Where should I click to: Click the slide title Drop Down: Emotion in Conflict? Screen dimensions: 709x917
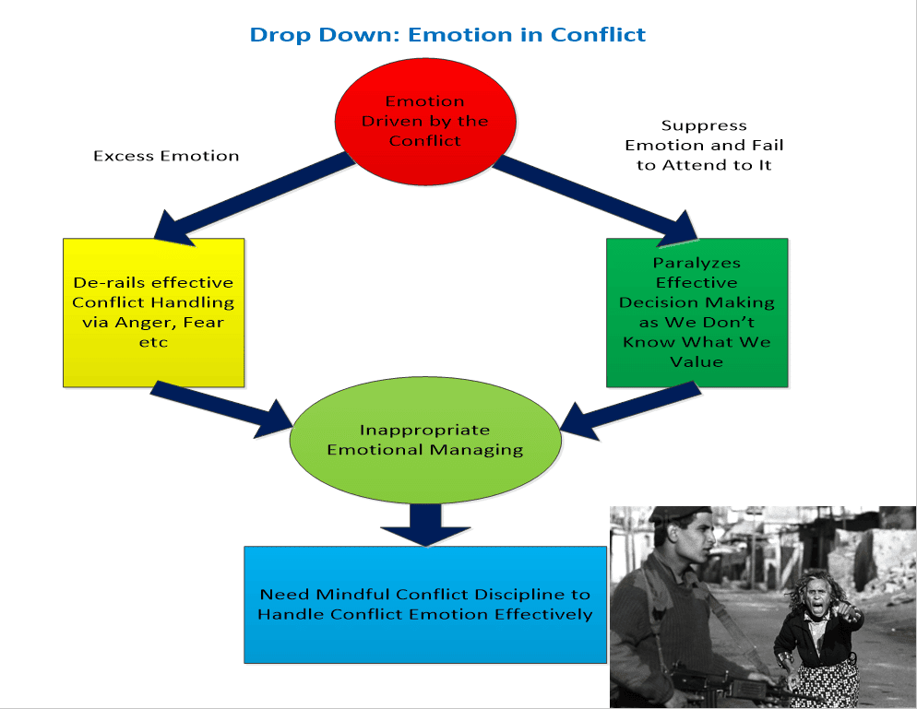coord(447,35)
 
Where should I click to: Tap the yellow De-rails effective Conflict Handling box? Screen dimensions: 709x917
coord(153,313)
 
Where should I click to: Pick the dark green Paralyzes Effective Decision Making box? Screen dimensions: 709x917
coord(697,312)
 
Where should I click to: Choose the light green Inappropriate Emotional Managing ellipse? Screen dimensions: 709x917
coord(425,440)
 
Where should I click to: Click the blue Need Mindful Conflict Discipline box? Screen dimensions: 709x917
coord(424,604)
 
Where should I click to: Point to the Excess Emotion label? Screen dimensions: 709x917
coord(166,156)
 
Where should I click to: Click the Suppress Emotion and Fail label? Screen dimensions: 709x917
coord(704,145)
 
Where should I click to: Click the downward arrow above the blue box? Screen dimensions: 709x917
coord(424,523)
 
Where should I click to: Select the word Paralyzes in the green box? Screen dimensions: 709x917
coord(697,263)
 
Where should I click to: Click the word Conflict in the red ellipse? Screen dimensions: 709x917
coord(424,140)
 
